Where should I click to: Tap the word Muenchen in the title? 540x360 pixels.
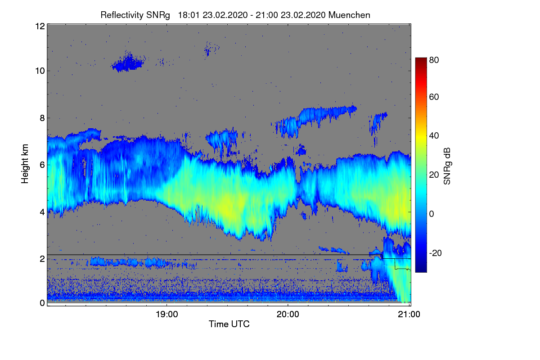tap(349, 15)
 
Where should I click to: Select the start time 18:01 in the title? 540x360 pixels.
tap(189, 15)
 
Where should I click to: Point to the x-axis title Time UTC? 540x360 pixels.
tap(229, 324)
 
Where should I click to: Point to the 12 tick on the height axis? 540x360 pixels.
tap(40, 26)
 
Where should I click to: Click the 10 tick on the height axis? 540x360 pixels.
tap(40, 71)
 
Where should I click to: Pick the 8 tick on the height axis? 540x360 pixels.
tap(42, 118)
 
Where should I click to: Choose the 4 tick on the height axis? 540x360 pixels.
tap(42, 211)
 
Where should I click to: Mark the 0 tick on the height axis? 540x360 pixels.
tap(42, 303)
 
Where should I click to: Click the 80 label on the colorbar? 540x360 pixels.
tap(434, 60)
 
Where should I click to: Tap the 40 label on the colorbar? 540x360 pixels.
tap(434, 135)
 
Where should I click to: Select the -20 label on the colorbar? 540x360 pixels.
tap(436, 253)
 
